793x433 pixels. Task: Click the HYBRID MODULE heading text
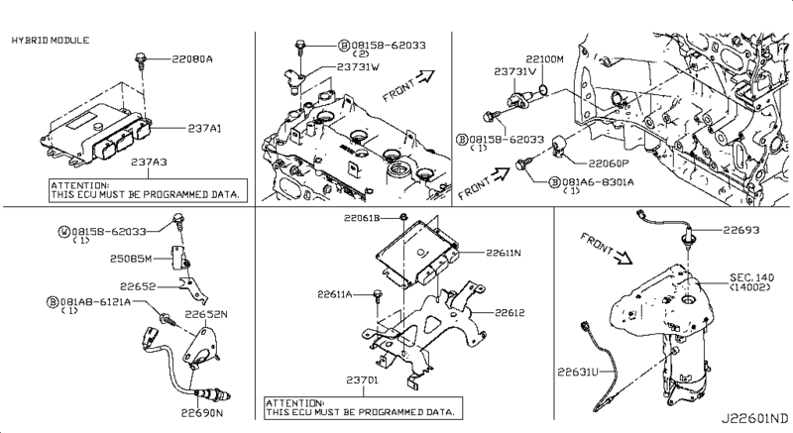pyautogui.click(x=51, y=41)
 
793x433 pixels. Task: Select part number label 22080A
pyautogui.click(x=192, y=59)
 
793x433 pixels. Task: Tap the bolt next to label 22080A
pyautogui.click(x=140, y=60)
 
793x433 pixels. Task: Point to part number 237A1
pyautogui.click(x=205, y=129)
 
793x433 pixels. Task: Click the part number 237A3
pyautogui.click(x=150, y=162)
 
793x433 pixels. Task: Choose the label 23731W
pyautogui.click(x=358, y=66)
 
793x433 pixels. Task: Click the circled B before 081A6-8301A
pyautogui.click(x=555, y=182)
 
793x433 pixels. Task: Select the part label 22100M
pyautogui.click(x=544, y=59)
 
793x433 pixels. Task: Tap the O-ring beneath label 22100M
pyautogui.click(x=542, y=90)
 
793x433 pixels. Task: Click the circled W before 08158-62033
pyautogui.click(x=64, y=232)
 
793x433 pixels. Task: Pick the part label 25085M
pyautogui.click(x=131, y=259)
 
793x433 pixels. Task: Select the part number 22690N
pyautogui.click(x=202, y=413)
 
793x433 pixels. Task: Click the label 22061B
pyautogui.click(x=362, y=218)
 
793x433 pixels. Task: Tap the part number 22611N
pyautogui.click(x=504, y=252)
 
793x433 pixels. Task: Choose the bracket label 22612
pyautogui.click(x=510, y=313)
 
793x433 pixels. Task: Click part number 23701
pyautogui.click(x=362, y=379)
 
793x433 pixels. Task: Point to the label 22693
pyautogui.click(x=740, y=230)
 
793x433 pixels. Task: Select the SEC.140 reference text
pyautogui.click(x=752, y=277)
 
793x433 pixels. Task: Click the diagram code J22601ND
pyautogui.click(x=754, y=419)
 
